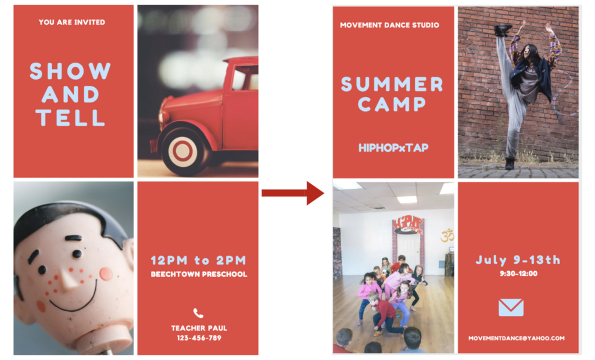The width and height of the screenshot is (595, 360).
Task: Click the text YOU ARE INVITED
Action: tap(71, 23)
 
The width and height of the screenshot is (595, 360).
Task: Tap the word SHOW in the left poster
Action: tap(70, 71)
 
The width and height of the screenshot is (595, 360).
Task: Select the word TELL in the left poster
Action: tap(70, 118)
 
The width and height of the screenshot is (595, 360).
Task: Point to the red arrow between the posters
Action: tap(293, 193)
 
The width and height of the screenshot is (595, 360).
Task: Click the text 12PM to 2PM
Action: tap(199, 260)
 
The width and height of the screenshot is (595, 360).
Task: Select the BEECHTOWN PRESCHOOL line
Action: tap(199, 274)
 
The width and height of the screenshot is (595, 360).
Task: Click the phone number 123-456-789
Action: tap(199, 338)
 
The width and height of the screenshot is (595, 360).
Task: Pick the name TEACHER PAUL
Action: tap(199, 328)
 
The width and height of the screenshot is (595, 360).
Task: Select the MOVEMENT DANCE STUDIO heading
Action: tap(389, 26)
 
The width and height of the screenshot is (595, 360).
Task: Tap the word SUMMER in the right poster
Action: tap(392, 84)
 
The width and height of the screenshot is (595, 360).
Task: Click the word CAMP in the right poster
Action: tap(392, 104)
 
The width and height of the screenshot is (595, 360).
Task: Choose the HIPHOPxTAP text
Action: tap(393, 147)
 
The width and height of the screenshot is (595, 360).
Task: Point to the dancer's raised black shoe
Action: tap(503, 30)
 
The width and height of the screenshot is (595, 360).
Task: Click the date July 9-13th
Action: tap(518, 260)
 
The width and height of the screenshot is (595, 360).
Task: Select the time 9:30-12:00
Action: tap(518, 273)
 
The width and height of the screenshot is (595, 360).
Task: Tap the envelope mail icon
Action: tap(511, 307)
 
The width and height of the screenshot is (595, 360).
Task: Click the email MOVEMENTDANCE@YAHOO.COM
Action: tap(517, 339)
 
